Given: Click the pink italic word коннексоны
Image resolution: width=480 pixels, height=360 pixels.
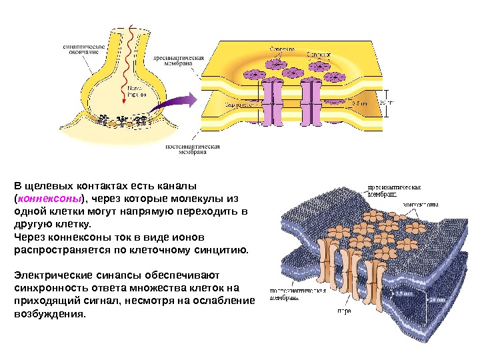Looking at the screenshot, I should (49, 199).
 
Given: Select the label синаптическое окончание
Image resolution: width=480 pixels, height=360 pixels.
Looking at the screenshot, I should (82, 49).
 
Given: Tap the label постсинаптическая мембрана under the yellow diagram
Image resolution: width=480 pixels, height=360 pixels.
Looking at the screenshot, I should (192, 149).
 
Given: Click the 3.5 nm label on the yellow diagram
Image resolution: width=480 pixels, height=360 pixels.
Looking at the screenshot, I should (359, 103).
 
